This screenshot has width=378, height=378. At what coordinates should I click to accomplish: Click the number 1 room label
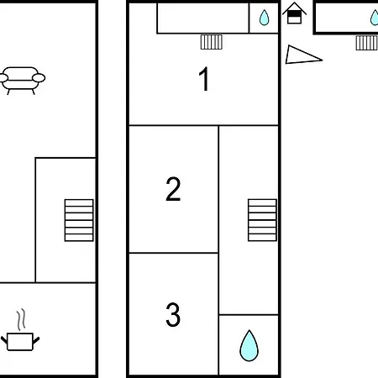204,79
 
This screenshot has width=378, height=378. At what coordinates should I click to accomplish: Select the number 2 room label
173,189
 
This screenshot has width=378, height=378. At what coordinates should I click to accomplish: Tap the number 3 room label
173,314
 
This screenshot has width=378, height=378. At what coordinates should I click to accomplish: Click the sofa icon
22,81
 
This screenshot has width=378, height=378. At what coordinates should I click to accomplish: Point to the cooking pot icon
20,341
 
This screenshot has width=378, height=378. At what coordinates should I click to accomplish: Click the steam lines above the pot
21,319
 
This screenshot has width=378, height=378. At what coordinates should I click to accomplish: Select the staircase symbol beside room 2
262,220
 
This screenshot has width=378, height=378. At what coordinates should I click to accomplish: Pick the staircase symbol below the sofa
79,220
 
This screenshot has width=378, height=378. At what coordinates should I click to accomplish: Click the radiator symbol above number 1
212,42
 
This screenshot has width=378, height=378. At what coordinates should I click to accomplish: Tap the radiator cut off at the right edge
367,43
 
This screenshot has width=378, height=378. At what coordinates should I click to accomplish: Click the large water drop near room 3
249,345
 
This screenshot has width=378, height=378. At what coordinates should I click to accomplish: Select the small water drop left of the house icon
264,18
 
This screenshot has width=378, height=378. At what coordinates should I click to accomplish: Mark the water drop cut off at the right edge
375,18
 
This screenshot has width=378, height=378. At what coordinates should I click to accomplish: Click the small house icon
294,13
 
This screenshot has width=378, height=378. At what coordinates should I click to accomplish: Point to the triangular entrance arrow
303,55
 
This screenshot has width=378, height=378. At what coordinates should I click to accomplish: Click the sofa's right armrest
39,77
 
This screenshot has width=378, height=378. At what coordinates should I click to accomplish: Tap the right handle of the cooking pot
36,340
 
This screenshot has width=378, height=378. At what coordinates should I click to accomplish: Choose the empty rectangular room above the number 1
203,18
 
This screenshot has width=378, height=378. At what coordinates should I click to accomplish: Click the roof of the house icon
294,8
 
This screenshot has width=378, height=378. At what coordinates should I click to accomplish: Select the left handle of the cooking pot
4,340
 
